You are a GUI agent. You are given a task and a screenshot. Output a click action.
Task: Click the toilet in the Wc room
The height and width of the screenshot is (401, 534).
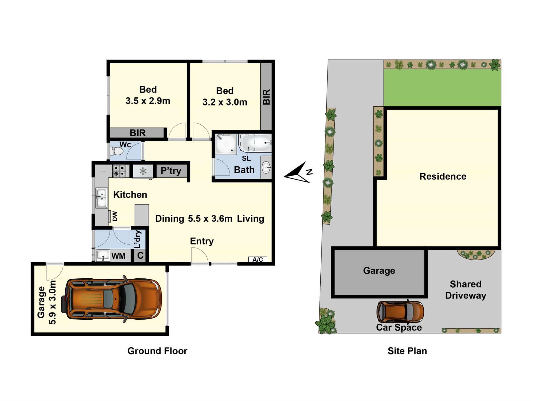coord(117,151)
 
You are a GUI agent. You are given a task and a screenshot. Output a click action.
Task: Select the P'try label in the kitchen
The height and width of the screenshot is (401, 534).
coord(171,171)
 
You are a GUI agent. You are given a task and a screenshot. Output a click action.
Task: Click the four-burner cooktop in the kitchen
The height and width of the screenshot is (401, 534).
coord(119,171)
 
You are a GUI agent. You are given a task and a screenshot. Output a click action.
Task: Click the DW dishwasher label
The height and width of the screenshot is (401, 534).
coord(115,216)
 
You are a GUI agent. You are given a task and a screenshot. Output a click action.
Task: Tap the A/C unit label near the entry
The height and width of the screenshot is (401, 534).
coord(258,260)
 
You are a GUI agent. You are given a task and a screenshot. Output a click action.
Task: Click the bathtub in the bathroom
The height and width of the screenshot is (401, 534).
coord(255,143)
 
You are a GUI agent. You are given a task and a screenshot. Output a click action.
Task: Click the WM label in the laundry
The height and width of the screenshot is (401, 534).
coord(118,256)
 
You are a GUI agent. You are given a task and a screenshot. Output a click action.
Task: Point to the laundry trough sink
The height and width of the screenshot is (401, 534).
coord(103,256)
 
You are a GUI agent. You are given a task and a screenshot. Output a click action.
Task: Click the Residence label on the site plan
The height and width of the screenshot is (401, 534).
coord(443,176)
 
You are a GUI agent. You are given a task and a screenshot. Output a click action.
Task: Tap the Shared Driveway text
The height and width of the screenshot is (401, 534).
coord(466,290)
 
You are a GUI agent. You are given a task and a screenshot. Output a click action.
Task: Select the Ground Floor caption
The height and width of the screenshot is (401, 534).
coord(157,351)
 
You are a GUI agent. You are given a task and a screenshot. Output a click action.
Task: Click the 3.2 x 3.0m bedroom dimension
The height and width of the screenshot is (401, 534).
coord(225,102)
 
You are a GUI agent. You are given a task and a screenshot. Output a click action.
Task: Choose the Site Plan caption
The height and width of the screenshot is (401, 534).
coord(407,351)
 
